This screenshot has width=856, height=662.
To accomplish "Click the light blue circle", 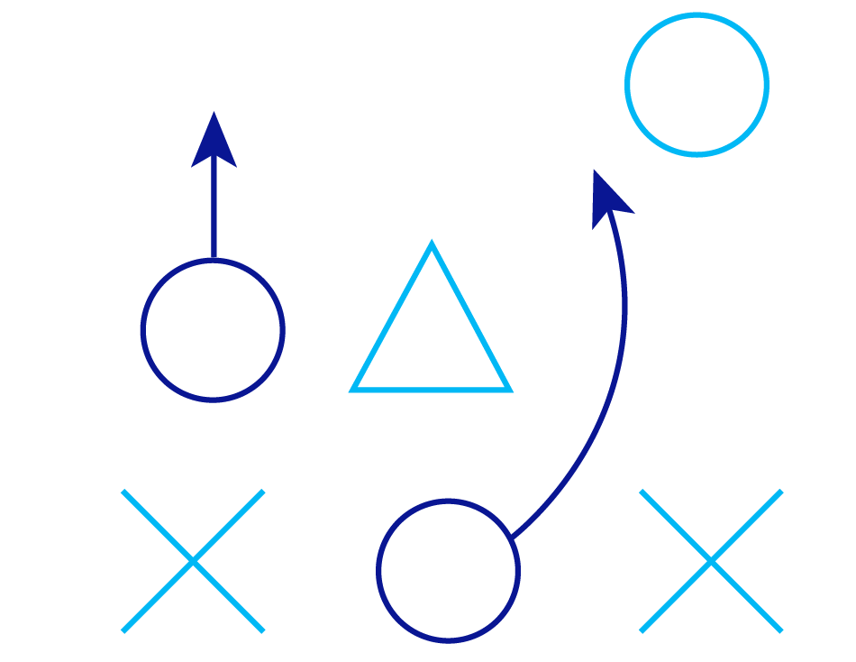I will click(697, 85).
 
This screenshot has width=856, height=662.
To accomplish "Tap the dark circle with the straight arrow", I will click(213, 330).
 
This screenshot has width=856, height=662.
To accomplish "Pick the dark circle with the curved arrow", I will click(449, 571).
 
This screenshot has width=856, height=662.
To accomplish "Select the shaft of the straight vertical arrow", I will click(214, 212).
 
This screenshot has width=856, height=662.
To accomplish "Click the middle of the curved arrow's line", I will click(609, 388).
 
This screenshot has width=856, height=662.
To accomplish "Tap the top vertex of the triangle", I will click(432, 244).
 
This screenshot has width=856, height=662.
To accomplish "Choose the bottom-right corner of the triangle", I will click(509, 390).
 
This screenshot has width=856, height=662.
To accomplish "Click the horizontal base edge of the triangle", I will click(432, 390).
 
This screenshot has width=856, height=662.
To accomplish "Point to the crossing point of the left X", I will click(193, 561).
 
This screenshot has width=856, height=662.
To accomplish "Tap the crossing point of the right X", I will click(711, 561).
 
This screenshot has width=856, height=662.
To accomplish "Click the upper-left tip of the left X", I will click(123, 492).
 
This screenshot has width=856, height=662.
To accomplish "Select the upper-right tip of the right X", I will click(780, 492).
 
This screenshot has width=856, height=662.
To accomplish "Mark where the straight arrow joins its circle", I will click(214, 261).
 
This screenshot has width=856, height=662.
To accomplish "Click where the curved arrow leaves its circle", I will click(512, 538).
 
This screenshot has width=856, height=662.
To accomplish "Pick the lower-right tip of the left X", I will click(262, 630).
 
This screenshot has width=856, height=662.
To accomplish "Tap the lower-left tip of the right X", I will click(642, 630).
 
